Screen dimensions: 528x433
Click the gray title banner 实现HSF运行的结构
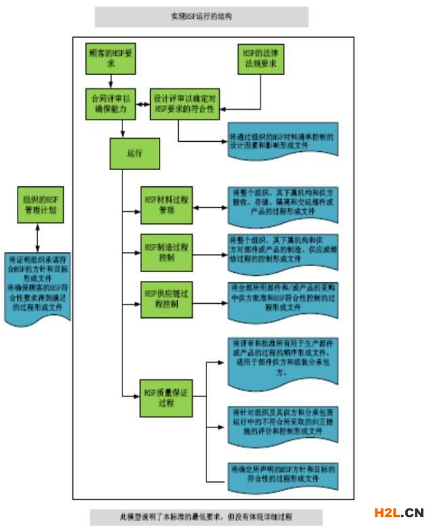pos(201,16)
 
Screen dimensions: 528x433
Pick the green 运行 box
pos(135,154)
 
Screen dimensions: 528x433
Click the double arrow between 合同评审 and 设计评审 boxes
pos(143,105)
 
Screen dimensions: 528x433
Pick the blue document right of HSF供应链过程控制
pos(281,298)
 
